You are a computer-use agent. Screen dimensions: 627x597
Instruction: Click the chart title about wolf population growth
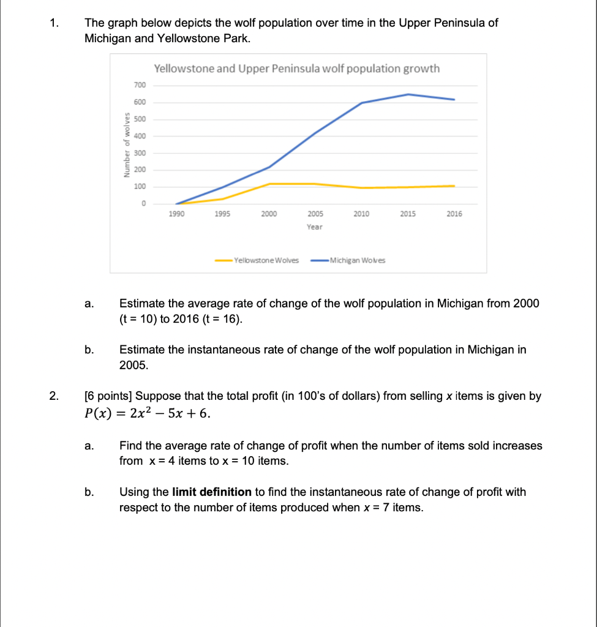click(297, 69)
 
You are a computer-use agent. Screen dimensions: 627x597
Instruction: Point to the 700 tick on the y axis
click(139, 85)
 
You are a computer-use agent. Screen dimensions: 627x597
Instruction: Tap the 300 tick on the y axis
click(139, 153)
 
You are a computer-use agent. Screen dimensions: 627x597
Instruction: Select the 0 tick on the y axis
click(143, 204)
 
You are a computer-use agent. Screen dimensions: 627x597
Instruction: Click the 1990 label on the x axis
click(176, 214)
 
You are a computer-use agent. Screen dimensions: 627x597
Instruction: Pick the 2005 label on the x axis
click(315, 214)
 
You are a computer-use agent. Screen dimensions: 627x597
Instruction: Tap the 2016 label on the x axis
click(454, 214)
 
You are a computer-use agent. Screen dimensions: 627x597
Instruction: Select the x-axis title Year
click(315, 227)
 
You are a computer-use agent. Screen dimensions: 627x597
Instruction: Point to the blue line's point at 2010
click(362, 103)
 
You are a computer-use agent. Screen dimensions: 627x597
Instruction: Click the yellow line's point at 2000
click(269, 184)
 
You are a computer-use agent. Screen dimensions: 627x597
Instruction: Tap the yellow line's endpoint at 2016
click(454, 186)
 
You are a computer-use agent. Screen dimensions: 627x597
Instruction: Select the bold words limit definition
click(212, 492)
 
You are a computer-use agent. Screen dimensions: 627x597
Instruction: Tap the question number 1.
click(55, 23)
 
